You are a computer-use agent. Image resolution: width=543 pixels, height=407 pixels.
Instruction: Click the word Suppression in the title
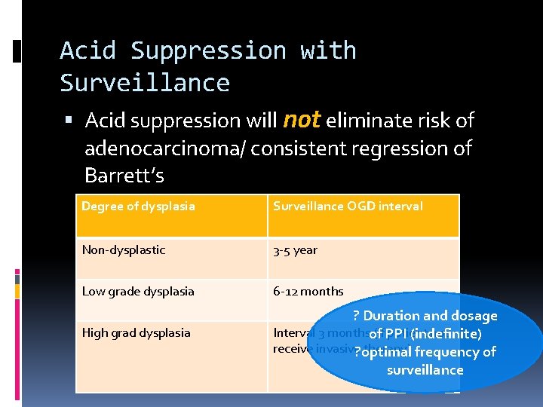click(209, 50)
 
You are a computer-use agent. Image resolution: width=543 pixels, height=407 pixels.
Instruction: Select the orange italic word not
click(302, 120)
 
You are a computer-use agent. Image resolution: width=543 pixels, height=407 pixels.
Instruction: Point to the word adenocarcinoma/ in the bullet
click(164, 148)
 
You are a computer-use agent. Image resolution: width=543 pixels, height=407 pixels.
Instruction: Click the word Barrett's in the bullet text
click(124, 176)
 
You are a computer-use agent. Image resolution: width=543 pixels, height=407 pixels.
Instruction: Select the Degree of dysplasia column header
click(138, 206)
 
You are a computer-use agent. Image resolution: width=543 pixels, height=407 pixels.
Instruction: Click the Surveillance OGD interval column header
click(348, 206)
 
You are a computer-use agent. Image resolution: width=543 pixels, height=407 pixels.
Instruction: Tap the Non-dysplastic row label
click(123, 249)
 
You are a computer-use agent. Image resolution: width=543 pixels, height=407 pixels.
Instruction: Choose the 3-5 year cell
click(295, 249)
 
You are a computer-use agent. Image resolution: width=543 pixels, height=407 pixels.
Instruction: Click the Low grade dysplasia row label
click(138, 291)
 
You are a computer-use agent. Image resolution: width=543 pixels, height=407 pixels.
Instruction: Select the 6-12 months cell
click(308, 291)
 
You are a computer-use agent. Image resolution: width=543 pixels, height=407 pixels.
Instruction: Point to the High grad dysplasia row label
click(136, 332)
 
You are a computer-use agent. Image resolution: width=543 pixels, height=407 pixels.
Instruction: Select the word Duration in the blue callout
click(391, 316)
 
